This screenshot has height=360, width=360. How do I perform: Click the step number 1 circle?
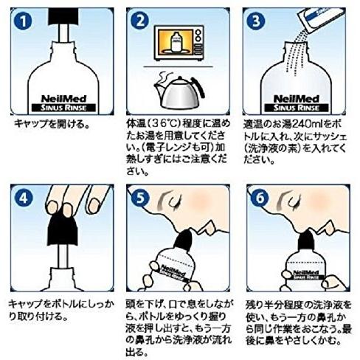point(23,21)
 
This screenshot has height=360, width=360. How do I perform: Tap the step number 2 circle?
point(140,21)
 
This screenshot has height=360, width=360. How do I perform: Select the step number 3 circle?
point(256,21)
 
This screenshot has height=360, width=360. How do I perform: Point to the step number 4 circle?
point(24,198)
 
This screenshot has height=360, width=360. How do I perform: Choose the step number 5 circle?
point(140,198)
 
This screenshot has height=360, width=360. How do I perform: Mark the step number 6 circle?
point(260,198)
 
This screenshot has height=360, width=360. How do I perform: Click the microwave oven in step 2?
point(179,42)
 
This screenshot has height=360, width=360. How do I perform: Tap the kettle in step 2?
point(179,93)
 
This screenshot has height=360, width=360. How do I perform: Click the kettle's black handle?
point(198,86)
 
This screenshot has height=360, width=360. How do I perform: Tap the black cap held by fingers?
point(63,231)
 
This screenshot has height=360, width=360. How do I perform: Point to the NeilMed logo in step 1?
point(64,99)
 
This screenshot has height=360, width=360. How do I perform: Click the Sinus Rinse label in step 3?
point(297,108)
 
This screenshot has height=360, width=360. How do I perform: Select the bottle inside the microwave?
point(176,42)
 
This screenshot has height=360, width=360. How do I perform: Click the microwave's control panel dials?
point(198,43)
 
